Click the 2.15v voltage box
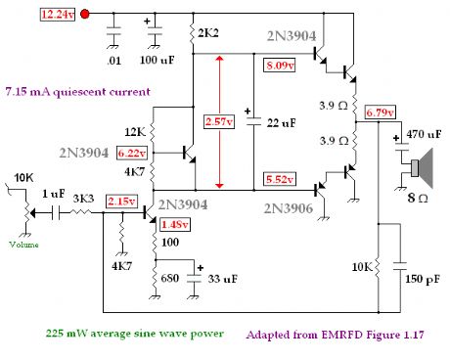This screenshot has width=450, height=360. pos(122,201)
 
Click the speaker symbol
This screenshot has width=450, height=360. pos(422,168)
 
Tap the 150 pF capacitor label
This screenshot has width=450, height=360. pos(422,279)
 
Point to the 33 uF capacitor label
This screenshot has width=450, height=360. pos(221,279)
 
